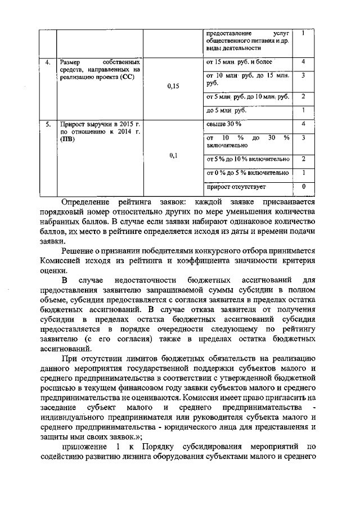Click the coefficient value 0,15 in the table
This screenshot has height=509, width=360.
point(173,87)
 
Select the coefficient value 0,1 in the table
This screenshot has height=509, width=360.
point(173,156)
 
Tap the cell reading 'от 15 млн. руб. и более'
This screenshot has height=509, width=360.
point(240,61)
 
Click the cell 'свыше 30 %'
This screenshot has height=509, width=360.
point(224,123)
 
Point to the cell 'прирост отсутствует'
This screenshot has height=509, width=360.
point(236,187)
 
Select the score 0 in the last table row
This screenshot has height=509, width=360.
point(303,186)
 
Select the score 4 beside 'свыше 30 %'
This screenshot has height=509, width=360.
point(303,123)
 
